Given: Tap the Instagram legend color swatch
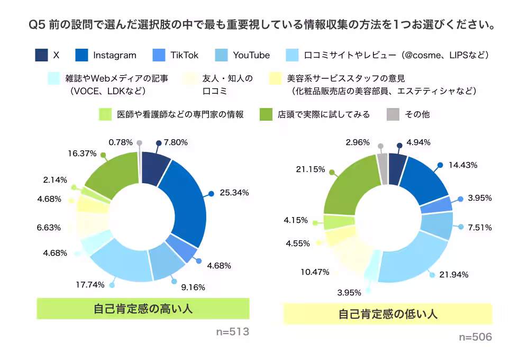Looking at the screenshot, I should pyautogui.click(x=81, y=55).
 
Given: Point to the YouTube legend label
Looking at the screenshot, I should pyautogui.click(x=251, y=55).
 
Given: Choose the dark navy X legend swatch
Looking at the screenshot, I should pyautogui.click(x=41, y=55).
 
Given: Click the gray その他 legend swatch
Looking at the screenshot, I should pyautogui.click(x=393, y=114).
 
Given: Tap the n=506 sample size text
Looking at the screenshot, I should pyautogui.click(x=475, y=337).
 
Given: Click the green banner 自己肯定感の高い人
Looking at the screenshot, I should pyautogui.click(x=143, y=309).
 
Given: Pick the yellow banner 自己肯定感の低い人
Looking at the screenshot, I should pyautogui.click(x=388, y=314).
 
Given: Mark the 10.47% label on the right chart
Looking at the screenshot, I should pyautogui.click(x=314, y=272).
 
